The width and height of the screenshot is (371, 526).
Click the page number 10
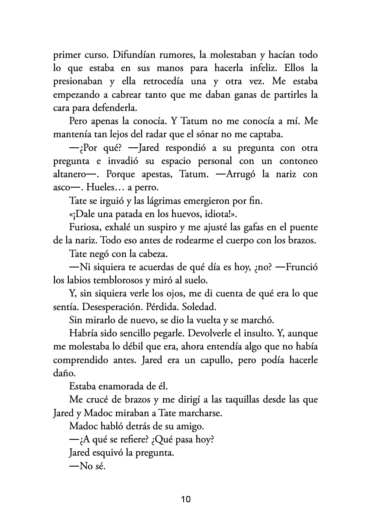point(186,499)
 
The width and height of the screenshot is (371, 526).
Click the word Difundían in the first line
point(124,56)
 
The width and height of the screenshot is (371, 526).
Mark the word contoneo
point(298,161)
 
